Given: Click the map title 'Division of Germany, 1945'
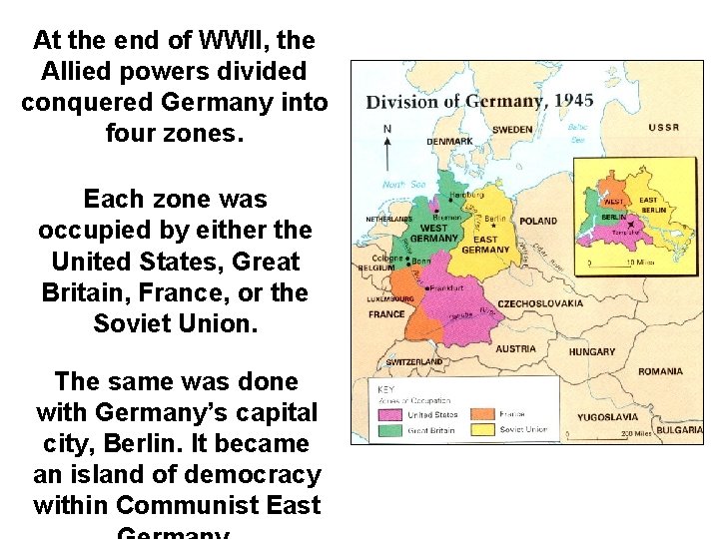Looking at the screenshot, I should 466,101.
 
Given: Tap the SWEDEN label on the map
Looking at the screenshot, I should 512,130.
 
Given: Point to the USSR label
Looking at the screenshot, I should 664,128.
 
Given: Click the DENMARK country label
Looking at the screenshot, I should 449,142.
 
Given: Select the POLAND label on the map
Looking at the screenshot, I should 538,221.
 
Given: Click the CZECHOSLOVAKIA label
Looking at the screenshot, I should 540,303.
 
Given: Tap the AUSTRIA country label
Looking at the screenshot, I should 515,349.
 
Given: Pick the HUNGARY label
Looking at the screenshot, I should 592,352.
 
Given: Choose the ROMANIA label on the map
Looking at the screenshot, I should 660,371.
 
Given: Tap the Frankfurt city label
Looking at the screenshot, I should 447,287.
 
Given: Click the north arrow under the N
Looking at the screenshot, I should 387,154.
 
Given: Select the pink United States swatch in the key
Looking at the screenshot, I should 388,414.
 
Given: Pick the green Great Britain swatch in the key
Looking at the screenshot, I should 388,430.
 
